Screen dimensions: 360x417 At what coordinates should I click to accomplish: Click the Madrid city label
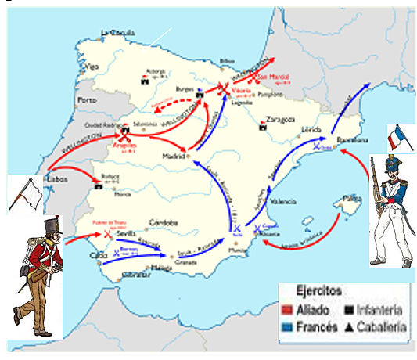click(x=174, y=155)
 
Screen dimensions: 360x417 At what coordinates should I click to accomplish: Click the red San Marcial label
click(x=274, y=77)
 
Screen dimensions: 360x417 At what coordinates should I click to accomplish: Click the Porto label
click(x=87, y=101)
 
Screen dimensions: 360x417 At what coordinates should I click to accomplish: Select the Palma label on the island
click(x=350, y=197)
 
